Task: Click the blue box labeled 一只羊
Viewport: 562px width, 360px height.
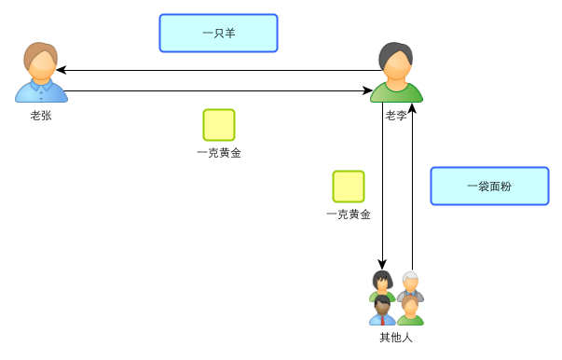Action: (218, 33)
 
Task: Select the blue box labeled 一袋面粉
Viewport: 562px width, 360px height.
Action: (489, 186)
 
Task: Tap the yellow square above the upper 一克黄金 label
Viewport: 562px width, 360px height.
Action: (219, 125)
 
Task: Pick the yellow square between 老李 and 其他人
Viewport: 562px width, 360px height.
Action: (349, 187)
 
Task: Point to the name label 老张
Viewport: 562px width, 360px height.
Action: (41, 116)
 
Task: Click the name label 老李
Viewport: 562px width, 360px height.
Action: (396, 116)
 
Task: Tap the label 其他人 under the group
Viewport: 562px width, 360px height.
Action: (396, 337)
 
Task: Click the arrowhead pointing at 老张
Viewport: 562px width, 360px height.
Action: (61, 70)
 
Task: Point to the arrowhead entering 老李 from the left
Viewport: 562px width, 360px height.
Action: (367, 90)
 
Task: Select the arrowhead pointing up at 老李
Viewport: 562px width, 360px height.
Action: (412, 109)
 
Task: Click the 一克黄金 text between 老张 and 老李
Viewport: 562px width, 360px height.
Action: (219, 153)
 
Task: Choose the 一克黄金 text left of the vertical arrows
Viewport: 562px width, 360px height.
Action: (349, 215)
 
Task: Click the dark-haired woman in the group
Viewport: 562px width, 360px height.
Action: (381, 284)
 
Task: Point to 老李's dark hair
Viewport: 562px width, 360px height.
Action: (395, 52)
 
